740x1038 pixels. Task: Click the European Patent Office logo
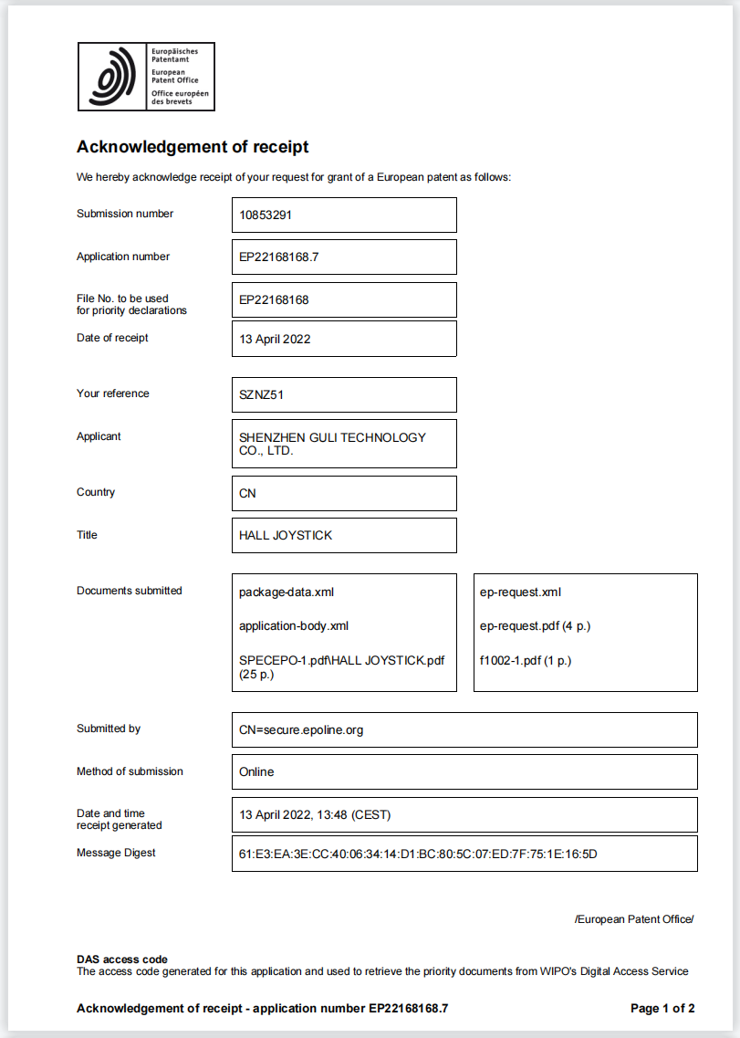coord(146,77)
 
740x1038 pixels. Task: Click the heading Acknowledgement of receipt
coord(193,147)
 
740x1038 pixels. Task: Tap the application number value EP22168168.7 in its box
coord(278,257)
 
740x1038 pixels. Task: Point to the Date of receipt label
coord(112,338)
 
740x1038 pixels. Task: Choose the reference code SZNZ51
coord(261,395)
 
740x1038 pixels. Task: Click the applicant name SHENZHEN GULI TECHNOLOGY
coord(332,437)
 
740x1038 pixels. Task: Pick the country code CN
coord(247,494)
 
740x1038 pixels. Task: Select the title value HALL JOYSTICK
coord(286,536)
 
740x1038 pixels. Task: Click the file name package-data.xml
coord(287,592)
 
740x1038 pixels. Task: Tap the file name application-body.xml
coord(294,626)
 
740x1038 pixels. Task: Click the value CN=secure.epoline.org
coord(301,730)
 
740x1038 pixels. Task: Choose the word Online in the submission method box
coord(256,772)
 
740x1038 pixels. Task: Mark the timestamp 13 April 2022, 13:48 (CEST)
coord(315,815)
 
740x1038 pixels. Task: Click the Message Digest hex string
coord(418,855)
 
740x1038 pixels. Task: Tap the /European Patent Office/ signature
coord(634,919)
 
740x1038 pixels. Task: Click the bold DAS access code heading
coord(122,959)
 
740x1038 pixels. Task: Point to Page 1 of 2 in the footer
coord(662,1009)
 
